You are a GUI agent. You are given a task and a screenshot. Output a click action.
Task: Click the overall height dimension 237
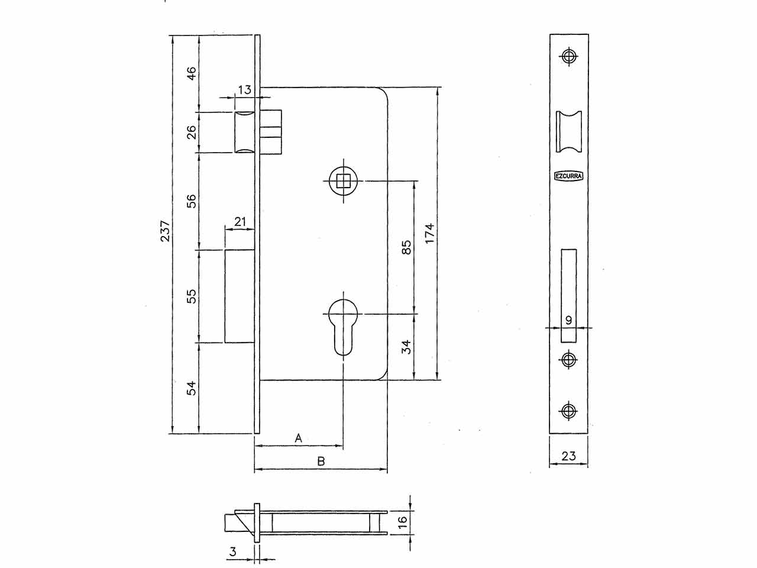click(166, 231)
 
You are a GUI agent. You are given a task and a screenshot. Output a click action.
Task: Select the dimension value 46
click(192, 73)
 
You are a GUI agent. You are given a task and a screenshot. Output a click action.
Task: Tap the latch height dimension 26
click(192, 132)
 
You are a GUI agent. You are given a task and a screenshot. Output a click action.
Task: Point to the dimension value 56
click(192, 201)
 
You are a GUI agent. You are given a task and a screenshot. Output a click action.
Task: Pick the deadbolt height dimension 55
click(192, 296)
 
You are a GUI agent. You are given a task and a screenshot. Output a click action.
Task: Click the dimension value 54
click(192, 388)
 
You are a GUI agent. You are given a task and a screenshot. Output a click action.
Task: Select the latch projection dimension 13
click(244, 90)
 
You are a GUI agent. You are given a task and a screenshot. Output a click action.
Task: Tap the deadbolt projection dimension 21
click(240, 221)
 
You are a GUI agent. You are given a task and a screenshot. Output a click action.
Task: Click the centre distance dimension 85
click(407, 247)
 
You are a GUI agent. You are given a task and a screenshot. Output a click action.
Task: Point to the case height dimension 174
click(430, 234)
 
